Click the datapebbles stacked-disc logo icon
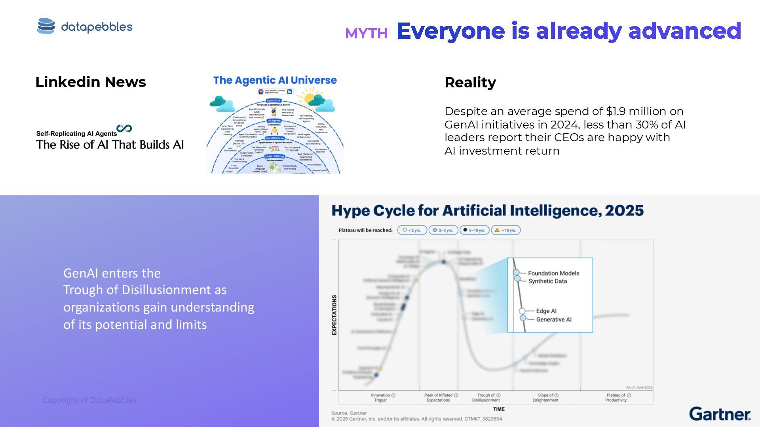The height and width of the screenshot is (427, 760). [46, 26]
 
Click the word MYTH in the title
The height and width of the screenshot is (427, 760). [366, 34]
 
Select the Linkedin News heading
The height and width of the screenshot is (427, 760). [91, 82]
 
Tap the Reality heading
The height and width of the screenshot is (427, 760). [470, 82]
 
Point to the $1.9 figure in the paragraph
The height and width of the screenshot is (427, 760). [621, 111]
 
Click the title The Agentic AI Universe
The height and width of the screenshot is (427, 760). [275, 80]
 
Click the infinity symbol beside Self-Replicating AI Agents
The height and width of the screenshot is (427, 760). [124, 128]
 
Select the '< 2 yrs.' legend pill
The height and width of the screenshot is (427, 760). [412, 230]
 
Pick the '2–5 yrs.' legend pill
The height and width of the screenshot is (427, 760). [443, 230]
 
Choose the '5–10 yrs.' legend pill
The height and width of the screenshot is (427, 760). [474, 230]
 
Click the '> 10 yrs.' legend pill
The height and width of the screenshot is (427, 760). [505, 230]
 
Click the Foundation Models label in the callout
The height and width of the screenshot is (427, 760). [553, 273]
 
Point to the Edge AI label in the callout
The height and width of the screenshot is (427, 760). [546, 311]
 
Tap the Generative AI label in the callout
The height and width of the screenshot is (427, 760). [554, 319]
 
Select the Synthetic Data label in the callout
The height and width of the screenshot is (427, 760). [547, 281]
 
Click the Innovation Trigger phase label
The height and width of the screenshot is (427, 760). [380, 397]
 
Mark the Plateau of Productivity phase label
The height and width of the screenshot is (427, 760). [616, 397]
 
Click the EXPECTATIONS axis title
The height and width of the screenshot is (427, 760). [334, 315]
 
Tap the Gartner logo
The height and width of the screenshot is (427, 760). [720, 414]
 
